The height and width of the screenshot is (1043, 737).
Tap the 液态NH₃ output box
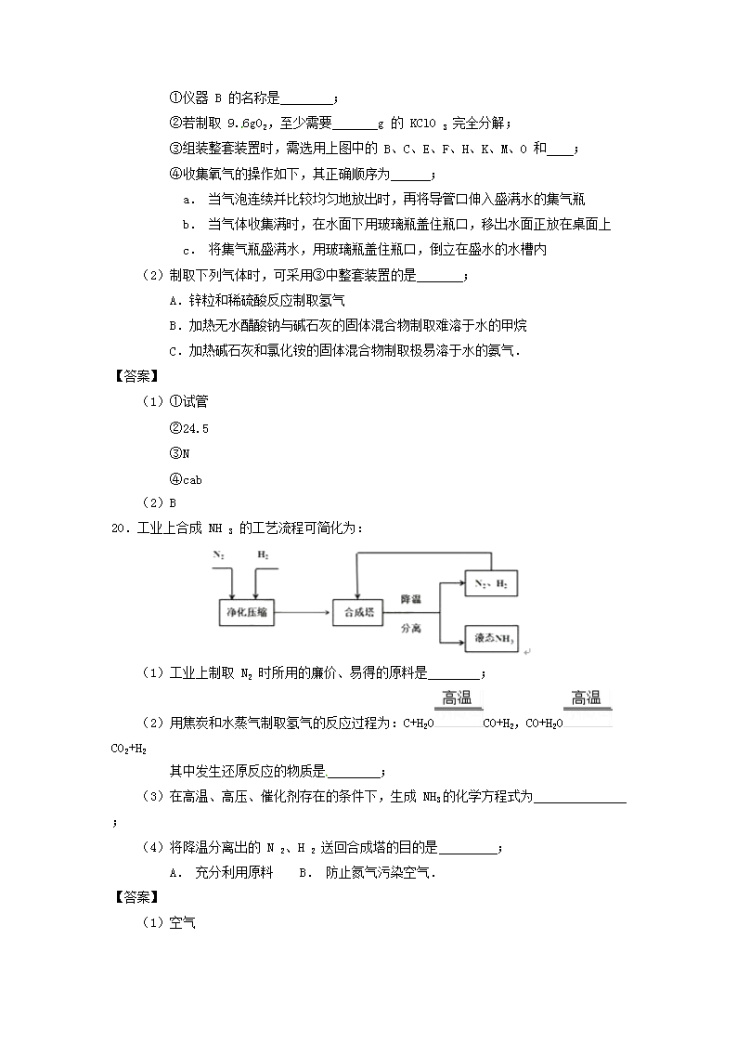[x=491, y=638]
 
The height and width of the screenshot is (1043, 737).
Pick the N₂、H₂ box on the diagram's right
[x=491, y=583]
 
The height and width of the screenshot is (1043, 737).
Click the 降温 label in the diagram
[x=411, y=597]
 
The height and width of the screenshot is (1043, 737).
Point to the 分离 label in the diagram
[x=411, y=628]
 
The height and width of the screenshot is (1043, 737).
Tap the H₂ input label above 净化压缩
[x=264, y=554]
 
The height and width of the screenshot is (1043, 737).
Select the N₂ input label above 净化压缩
[x=218, y=554]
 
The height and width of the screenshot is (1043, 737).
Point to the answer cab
[x=190, y=479]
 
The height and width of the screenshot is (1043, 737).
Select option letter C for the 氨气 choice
[x=174, y=351]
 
